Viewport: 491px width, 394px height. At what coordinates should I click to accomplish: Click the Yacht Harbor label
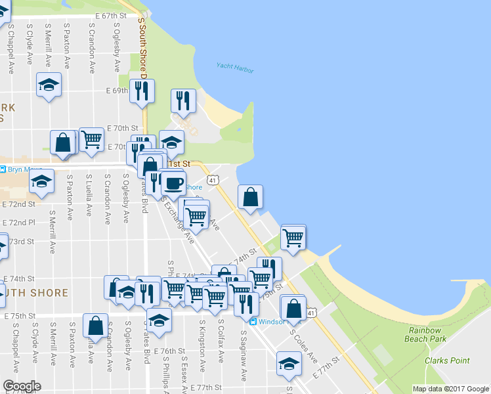coord(235,68)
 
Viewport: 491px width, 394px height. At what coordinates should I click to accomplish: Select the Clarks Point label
coord(446,361)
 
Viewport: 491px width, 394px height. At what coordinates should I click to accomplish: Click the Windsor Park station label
coord(274,321)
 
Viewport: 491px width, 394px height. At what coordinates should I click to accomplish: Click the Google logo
coord(21,386)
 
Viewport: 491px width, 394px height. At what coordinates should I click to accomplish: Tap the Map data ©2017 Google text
coord(450,389)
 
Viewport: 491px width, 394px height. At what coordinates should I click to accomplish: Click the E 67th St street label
coord(110,14)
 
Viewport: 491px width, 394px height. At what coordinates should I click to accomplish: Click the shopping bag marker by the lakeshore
coord(250,198)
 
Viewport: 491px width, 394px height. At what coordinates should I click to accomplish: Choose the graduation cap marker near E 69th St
coord(49,87)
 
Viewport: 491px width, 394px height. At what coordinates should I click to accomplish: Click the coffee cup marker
coord(173,184)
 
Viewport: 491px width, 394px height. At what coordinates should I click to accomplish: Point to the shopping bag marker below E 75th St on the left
coord(96,326)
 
